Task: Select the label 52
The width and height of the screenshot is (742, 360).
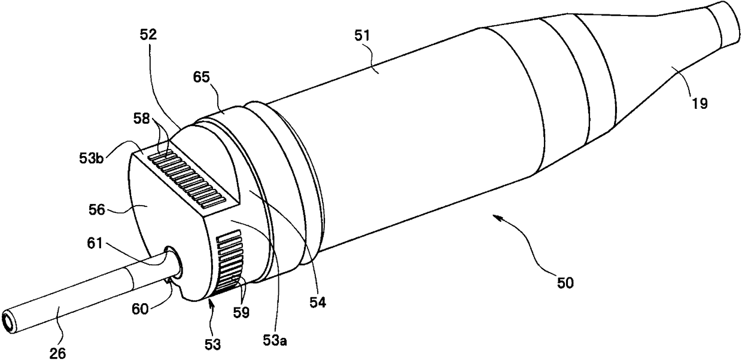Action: (x=148, y=35)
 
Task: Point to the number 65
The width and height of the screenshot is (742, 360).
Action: (x=202, y=78)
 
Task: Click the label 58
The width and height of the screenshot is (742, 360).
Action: (x=142, y=118)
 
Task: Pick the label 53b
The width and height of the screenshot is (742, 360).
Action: (x=92, y=158)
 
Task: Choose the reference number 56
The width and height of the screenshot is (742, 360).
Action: (x=97, y=210)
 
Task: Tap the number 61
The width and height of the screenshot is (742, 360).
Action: (x=95, y=244)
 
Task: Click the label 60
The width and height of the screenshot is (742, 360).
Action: (x=140, y=309)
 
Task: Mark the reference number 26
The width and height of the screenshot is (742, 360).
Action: (x=57, y=353)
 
